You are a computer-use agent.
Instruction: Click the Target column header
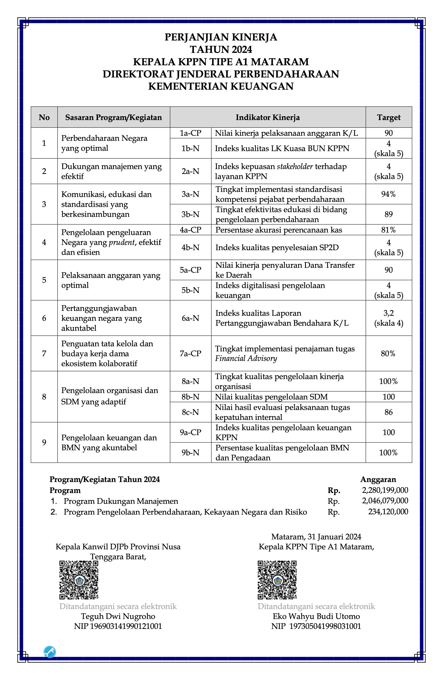click(x=388, y=117)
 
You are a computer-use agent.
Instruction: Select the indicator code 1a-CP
click(x=190, y=133)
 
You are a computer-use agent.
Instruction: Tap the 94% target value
click(x=388, y=194)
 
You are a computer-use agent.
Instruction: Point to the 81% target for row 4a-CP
click(x=388, y=230)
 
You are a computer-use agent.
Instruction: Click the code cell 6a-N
click(x=190, y=318)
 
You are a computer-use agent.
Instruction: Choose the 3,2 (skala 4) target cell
click(x=388, y=318)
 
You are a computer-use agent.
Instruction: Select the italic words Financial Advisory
click(x=246, y=358)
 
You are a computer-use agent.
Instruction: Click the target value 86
click(x=388, y=412)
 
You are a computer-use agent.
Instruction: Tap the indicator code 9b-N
click(x=190, y=453)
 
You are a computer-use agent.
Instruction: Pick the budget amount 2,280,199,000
click(x=385, y=490)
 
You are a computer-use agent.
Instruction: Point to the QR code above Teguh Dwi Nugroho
click(x=79, y=580)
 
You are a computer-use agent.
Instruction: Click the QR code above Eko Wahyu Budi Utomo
click(x=277, y=580)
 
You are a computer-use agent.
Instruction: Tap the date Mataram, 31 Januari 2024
click(x=316, y=537)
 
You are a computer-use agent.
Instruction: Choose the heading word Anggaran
click(x=378, y=479)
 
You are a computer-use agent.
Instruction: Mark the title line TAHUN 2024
click(x=221, y=49)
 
